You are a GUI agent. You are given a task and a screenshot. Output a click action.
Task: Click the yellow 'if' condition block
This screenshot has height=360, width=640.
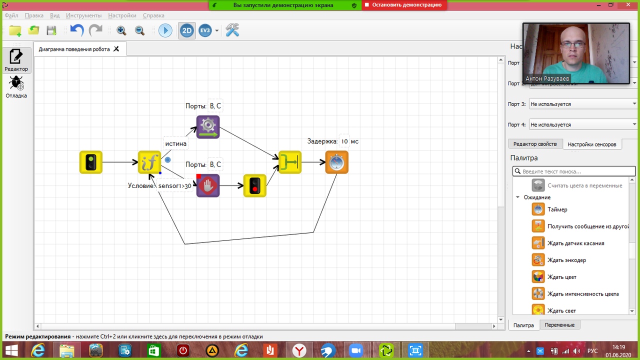(149, 162)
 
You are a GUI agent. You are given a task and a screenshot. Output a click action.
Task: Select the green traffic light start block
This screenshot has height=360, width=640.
(91, 162)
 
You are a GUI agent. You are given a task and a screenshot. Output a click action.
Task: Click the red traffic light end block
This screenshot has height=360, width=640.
(254, 185)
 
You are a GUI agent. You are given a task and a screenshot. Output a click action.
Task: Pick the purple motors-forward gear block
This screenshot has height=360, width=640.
(208, 127)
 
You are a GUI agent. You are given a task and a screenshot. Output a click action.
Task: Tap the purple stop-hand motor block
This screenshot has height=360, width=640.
(208, 185)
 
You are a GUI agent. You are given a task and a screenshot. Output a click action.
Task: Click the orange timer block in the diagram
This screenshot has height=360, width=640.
(336, 162)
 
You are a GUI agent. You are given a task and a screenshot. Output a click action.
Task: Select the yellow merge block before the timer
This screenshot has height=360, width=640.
(289, 162)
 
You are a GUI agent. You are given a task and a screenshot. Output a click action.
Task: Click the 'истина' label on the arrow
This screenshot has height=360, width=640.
(175, 144)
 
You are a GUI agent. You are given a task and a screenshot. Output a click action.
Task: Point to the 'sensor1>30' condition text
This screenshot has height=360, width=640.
(175, 186)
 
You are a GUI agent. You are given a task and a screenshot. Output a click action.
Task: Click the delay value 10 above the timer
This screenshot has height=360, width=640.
(344, 141)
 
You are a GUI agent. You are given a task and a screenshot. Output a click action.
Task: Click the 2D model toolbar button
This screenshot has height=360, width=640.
(186, 30)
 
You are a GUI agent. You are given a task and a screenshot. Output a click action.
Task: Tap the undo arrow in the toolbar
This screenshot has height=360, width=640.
(77, 30)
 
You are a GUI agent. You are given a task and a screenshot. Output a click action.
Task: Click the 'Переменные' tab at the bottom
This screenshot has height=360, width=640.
(559, 325)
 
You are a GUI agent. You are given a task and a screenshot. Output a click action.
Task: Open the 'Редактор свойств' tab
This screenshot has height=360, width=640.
(534, 144)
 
